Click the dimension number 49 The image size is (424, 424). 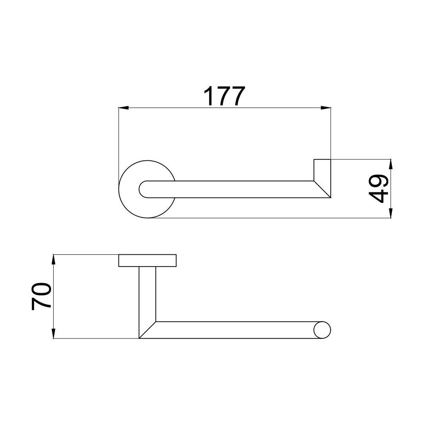(x=378, y=189)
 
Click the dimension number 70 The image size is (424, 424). (x=41, y=296)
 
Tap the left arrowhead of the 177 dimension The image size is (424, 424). (x=123, y=108)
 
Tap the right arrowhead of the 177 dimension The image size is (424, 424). (x=326, y=108)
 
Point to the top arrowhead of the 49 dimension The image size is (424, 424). (x=391, y=164)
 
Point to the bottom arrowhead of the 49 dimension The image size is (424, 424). (x=391, y=213)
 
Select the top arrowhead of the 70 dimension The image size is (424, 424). (x=54, y=259)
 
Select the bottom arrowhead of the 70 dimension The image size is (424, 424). (x=54, y=334)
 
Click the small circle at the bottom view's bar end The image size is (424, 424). (x=322, y=330)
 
